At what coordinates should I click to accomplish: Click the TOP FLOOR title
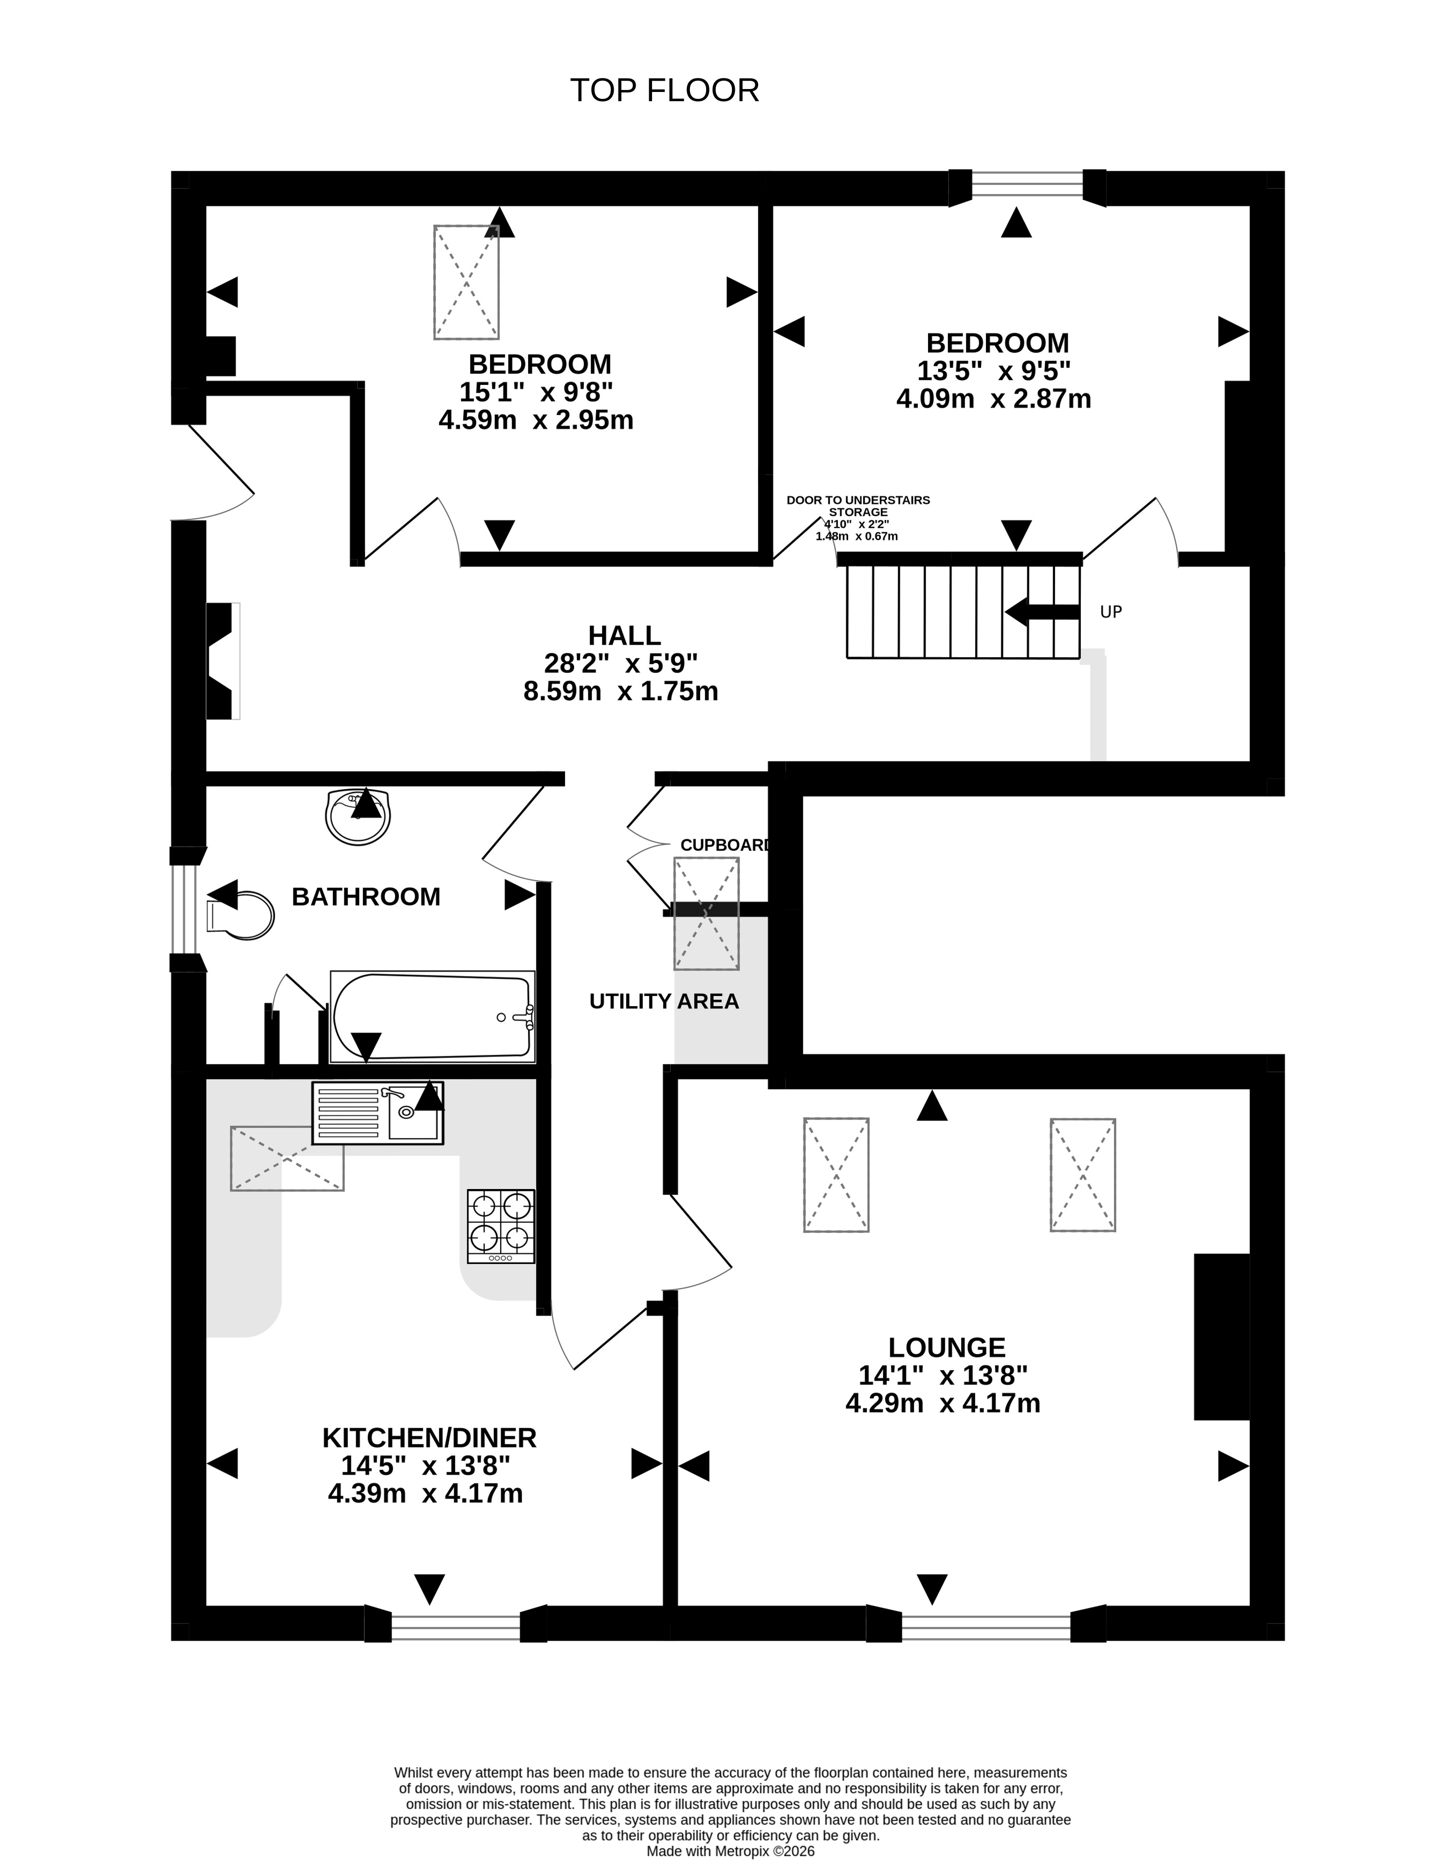click(x=664, y=90)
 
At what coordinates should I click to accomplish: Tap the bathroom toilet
click(x=240, y=916)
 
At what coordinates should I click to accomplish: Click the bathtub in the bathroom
click(x=433, y=1017)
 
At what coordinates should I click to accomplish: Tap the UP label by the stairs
click(x=1111, y=612)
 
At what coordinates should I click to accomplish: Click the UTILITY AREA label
click(x=664, y=1002)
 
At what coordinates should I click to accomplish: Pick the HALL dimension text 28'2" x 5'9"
click(x=621, y=663)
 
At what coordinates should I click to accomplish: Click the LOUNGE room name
click(x=946, y=1347)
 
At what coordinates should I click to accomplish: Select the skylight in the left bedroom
click(x=466, y=282)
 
